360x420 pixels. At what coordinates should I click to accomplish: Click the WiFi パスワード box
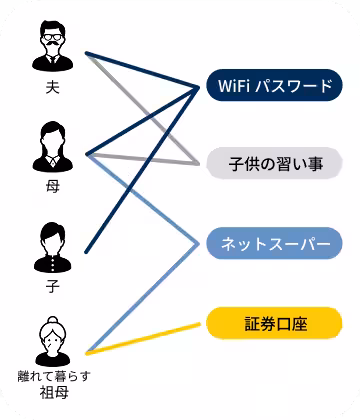coord(275,86)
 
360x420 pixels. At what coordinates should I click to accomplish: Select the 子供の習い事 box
coord(275,162)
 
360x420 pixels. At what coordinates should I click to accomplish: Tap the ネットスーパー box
coord(275,243)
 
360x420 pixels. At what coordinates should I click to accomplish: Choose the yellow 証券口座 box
coord(275,323)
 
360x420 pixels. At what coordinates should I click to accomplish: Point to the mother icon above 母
coord(53,145)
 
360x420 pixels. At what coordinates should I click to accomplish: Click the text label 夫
coord(53,90)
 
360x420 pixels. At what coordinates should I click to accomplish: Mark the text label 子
coord(53,286)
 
